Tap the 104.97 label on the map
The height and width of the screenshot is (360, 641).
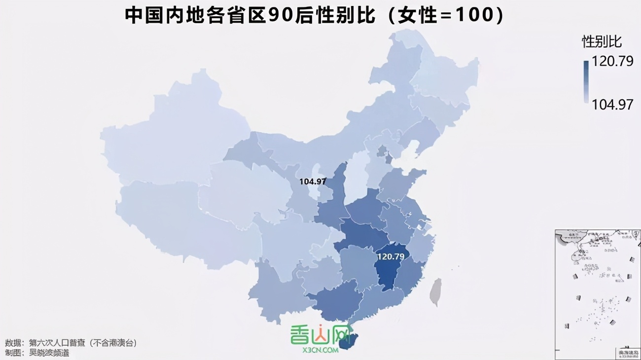pyautogui.click(x=313, y=181)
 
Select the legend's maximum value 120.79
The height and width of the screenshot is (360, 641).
pyautogui.click(x=612, y=62)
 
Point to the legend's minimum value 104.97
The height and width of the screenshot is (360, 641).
pyautogui.click(x=612, y=104)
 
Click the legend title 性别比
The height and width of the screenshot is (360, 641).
pyautogui.click(x=602, y=41)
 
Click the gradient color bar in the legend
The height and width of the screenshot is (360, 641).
pyautogui.click(x=586, y=81)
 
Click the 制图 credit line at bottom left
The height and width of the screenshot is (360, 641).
pyautogui.click(x=37, y=353)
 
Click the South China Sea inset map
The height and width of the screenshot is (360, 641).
pyautogui.click(x=597, y=293)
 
